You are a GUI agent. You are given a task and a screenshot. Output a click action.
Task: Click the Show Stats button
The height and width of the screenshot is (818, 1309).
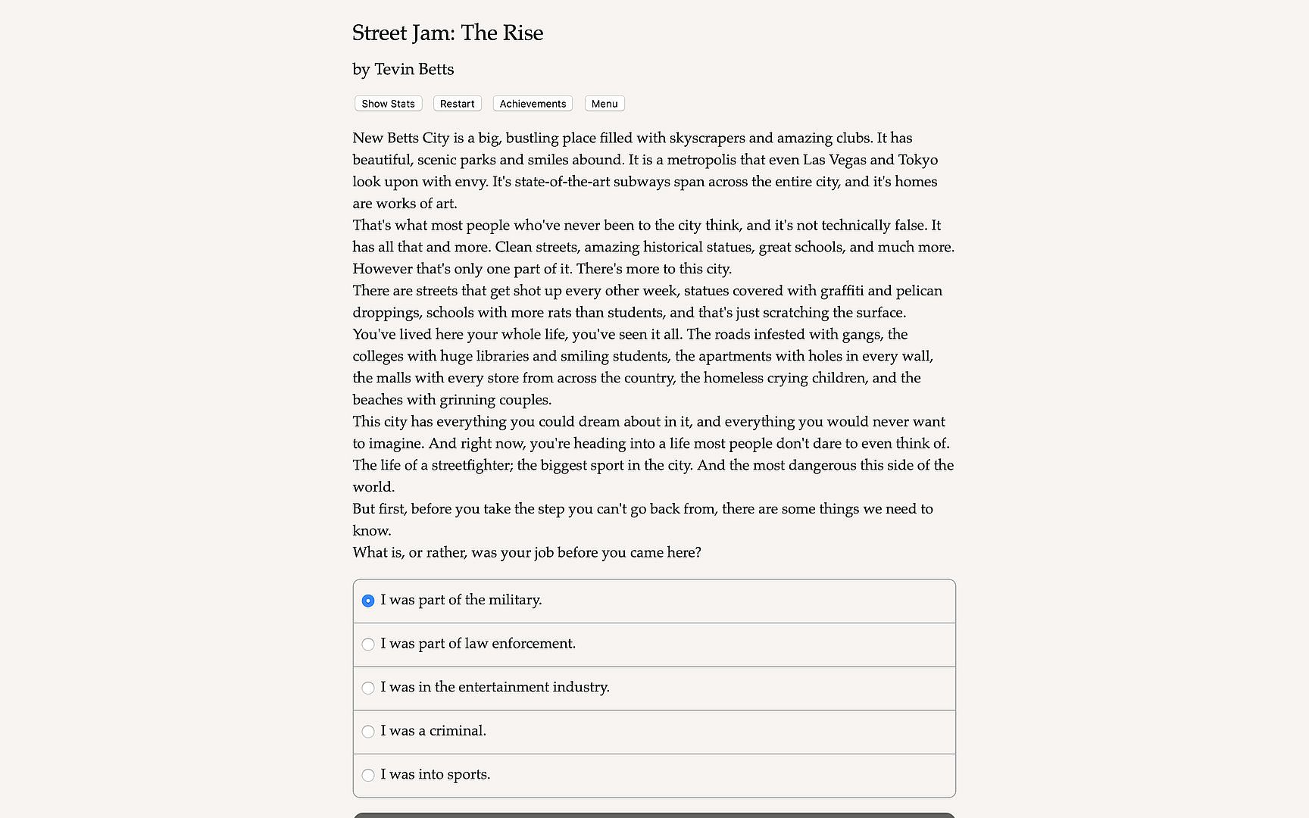388,104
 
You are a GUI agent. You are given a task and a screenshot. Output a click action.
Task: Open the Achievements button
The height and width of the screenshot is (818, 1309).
533,104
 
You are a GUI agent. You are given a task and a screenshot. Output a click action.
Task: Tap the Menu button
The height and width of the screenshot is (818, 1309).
605,104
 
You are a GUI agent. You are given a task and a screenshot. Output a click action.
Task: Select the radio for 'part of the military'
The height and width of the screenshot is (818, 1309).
368,601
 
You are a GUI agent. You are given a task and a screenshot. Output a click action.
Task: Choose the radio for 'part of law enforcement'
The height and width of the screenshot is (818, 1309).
368,645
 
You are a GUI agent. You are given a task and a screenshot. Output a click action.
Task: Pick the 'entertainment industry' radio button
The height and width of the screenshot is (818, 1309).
368,688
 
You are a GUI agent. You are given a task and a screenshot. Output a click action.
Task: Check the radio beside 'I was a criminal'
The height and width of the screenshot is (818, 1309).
368,732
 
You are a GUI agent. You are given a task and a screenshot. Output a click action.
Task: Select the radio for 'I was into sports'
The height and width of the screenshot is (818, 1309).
368,775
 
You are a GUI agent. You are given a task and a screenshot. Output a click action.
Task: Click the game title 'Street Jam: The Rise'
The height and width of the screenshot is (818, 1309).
448,33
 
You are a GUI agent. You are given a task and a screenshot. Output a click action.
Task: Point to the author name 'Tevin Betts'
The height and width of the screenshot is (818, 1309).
414,70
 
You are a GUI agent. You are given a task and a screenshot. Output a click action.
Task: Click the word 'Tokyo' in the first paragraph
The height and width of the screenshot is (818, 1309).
917,160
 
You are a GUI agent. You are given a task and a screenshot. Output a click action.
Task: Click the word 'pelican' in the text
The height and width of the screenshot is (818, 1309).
919,291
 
